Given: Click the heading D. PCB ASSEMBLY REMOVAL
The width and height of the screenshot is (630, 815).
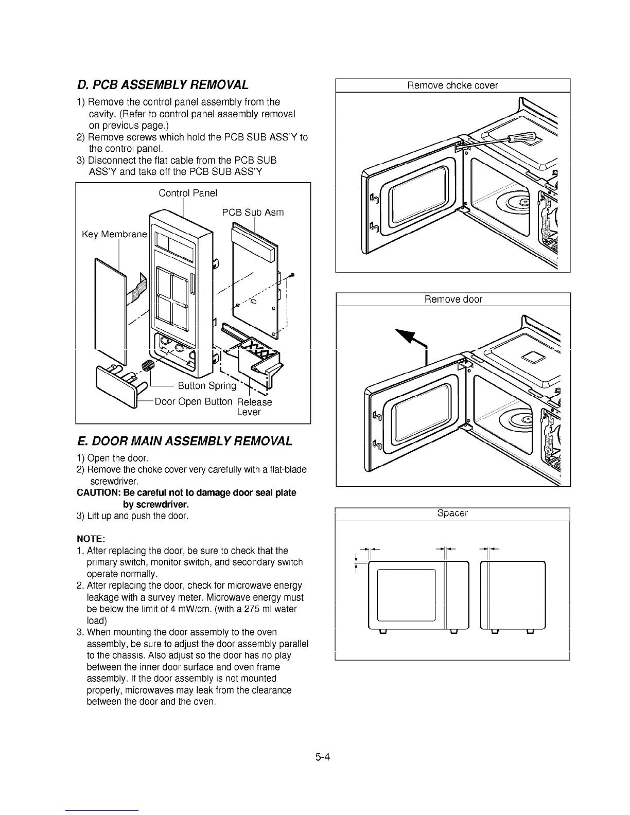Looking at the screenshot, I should click(163, 85).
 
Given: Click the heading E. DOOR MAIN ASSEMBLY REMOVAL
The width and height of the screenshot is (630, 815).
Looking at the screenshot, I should click(184, 441).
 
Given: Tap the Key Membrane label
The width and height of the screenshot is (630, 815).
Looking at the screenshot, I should click(114, 235).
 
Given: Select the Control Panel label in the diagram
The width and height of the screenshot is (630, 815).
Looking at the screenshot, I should click(187, 193).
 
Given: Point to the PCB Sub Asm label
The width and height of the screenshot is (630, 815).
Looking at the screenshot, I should click(253, 212).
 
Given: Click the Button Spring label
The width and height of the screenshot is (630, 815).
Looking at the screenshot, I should click(206, 386).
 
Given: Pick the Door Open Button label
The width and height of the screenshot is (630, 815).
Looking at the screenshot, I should click(193, 401).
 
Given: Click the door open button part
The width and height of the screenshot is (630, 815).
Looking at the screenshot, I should click(116, 383).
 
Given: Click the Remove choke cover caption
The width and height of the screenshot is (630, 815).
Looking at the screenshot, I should click(452, 85).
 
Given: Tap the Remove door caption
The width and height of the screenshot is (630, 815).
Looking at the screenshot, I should click(453, 299).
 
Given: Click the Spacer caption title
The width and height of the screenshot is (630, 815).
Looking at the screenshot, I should click(452, 513).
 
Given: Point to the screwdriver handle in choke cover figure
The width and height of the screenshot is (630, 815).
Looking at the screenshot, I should click(522, 138).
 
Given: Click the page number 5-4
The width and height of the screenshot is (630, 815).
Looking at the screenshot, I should click(323, 756).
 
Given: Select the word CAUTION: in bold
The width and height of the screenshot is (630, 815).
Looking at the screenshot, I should click(98, 493).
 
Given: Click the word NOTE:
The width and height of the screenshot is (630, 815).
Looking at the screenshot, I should click(91, 539).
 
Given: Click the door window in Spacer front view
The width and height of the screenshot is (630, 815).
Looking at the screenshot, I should click(407, 595).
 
